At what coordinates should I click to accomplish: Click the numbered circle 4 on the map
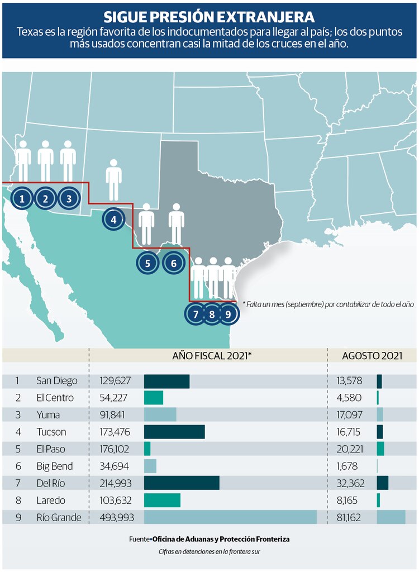113,220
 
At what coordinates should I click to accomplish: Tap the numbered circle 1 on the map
22,198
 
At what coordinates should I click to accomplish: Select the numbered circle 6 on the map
173,263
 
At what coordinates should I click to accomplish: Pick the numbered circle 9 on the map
228,314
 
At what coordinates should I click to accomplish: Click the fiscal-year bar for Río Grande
230,517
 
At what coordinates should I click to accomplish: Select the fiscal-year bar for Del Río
182,483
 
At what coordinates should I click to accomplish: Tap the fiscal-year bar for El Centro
154,398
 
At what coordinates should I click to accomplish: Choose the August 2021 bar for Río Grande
391,517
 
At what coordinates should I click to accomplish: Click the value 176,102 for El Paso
114,449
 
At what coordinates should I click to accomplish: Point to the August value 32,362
351,483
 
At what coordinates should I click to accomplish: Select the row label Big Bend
55,466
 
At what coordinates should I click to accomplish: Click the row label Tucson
51,432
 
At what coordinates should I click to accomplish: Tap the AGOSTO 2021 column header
372,355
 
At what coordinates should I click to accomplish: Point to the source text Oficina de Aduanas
221,539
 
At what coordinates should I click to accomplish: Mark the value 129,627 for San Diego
116,381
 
